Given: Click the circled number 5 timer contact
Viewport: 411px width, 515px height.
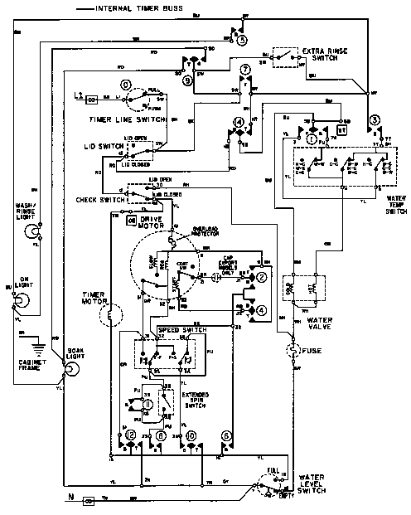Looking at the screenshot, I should [x=241, y=38].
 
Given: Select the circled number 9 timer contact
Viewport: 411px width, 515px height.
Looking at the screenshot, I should [x=188, y=80].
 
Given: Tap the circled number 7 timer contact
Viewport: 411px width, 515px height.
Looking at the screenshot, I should [x=244, y=69].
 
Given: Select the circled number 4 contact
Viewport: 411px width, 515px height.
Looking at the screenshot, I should [x=261, y=310].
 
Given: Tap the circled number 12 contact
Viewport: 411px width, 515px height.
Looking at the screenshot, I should [x=130, y=435].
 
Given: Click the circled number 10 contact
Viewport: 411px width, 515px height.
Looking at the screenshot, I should [x=191, y=435].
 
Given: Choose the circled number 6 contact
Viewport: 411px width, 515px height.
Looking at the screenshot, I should [x=226, y=435].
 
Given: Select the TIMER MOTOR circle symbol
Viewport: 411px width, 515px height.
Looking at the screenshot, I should [x=105, y=315].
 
